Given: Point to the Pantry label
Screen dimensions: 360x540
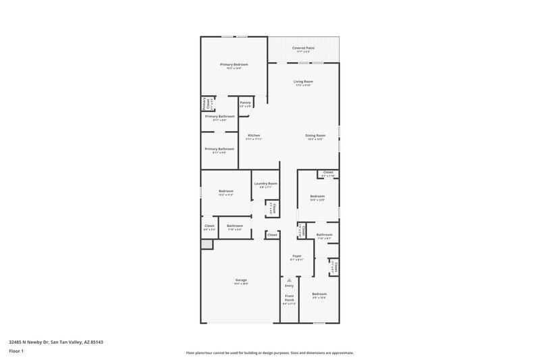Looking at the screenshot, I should click(x=245, y=103).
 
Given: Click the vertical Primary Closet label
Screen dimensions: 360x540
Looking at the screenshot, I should click(x=204, y=104).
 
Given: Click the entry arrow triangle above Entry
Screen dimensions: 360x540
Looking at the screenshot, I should click(x=289, y=278).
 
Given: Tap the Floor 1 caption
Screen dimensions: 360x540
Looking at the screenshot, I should click(x=16, y=351).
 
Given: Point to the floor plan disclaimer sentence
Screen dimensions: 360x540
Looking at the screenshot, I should click(x=270, y=353).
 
